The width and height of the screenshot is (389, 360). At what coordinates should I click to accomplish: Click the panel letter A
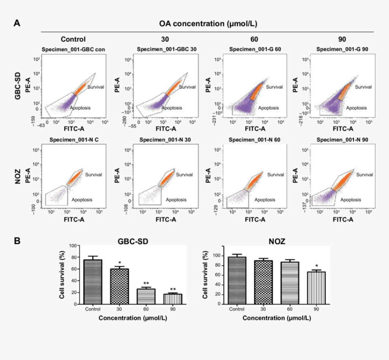point(17,23)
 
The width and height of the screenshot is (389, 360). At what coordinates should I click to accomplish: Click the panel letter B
point(17,240)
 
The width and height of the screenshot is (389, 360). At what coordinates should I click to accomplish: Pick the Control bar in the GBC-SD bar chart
point(92,283)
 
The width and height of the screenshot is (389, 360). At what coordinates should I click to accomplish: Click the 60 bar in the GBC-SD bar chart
point(146,298)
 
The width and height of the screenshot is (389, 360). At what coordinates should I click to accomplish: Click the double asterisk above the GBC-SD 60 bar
point(146,283)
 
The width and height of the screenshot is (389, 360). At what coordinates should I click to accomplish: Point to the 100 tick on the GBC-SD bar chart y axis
point(74,245)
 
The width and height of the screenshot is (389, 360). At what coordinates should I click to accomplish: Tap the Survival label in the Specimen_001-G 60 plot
point(275,86)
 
